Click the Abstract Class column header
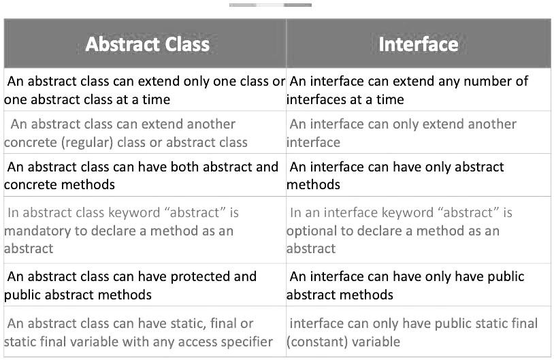click(147, 44)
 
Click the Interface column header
click(419, 44)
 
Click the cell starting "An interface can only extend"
click(419, 133)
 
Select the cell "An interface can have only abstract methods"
click(419, 175)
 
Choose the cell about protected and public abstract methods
click(145, 285)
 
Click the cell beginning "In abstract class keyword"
click(145, 230)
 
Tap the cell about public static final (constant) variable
click(419, 331)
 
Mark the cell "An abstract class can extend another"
click(145, 133)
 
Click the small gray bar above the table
click(270, 5)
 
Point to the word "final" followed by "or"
click(223, 324)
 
